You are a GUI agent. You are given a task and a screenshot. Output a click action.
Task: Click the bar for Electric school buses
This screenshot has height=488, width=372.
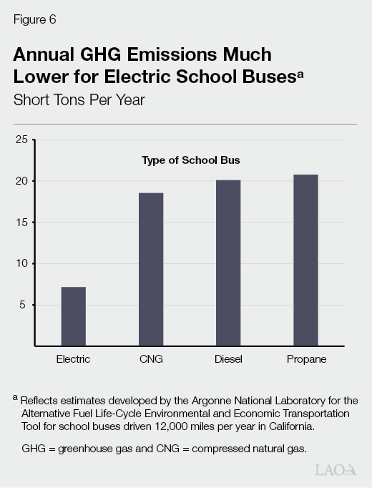tap(73, 316)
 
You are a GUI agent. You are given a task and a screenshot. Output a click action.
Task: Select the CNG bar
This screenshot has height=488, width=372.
tap(151, 269)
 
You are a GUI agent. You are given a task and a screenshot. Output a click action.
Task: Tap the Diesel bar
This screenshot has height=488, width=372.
tap(228, 263)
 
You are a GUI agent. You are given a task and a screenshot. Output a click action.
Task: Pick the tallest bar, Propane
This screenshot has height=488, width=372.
tap(305, 260)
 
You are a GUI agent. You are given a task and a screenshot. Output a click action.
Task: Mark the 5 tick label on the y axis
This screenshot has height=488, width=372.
tap(24, 305)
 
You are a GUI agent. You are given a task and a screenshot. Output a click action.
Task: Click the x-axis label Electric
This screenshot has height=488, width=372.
tap(73, 359)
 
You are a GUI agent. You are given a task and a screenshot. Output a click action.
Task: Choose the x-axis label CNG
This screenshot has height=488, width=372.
tap(151, 359)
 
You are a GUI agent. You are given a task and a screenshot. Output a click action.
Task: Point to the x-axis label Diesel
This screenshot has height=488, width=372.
tap(228, 359)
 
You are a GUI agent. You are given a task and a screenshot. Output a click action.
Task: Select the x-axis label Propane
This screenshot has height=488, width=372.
tap(305, 359)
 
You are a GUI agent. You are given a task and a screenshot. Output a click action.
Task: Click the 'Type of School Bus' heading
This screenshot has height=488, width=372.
tap(190, 160)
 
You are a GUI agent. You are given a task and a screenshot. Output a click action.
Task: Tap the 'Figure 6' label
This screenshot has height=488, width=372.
tap(34, 20)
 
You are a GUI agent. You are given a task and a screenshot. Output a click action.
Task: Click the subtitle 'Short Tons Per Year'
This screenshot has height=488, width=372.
tap(79, 99)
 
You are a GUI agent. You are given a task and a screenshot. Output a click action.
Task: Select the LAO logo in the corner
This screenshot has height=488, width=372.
tap(336, 469)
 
